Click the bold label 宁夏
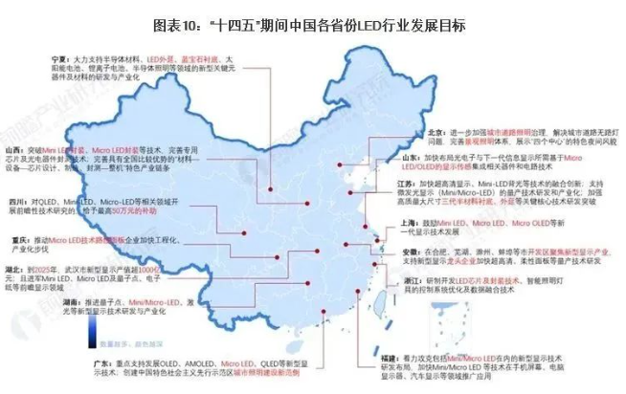63,58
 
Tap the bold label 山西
15,150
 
